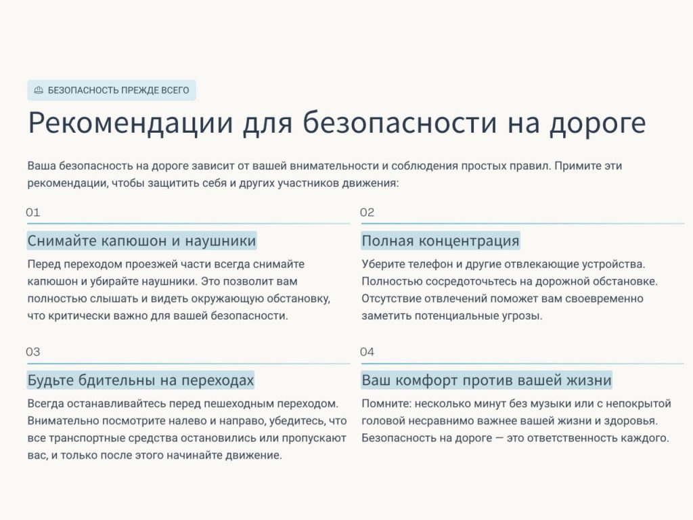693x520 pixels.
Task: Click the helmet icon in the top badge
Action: click(39, 90)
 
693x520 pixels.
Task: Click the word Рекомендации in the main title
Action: click(131, 123)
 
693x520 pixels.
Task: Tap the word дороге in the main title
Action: click(598, 124)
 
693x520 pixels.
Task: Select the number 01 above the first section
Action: click(33, 212)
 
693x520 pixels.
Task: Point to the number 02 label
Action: click(367, 212)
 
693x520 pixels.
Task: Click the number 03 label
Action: click(33, 352)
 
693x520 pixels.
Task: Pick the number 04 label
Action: click(367, 352)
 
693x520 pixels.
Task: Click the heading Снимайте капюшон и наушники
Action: click(142, 241)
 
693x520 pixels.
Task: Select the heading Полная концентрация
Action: click(441, 241)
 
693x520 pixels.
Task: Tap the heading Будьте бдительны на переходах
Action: click(141, 381)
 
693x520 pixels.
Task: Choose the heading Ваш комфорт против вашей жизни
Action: click(487, 381)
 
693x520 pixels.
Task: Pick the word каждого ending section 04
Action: click(644, 438)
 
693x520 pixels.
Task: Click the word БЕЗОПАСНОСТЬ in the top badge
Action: click(83, 90)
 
